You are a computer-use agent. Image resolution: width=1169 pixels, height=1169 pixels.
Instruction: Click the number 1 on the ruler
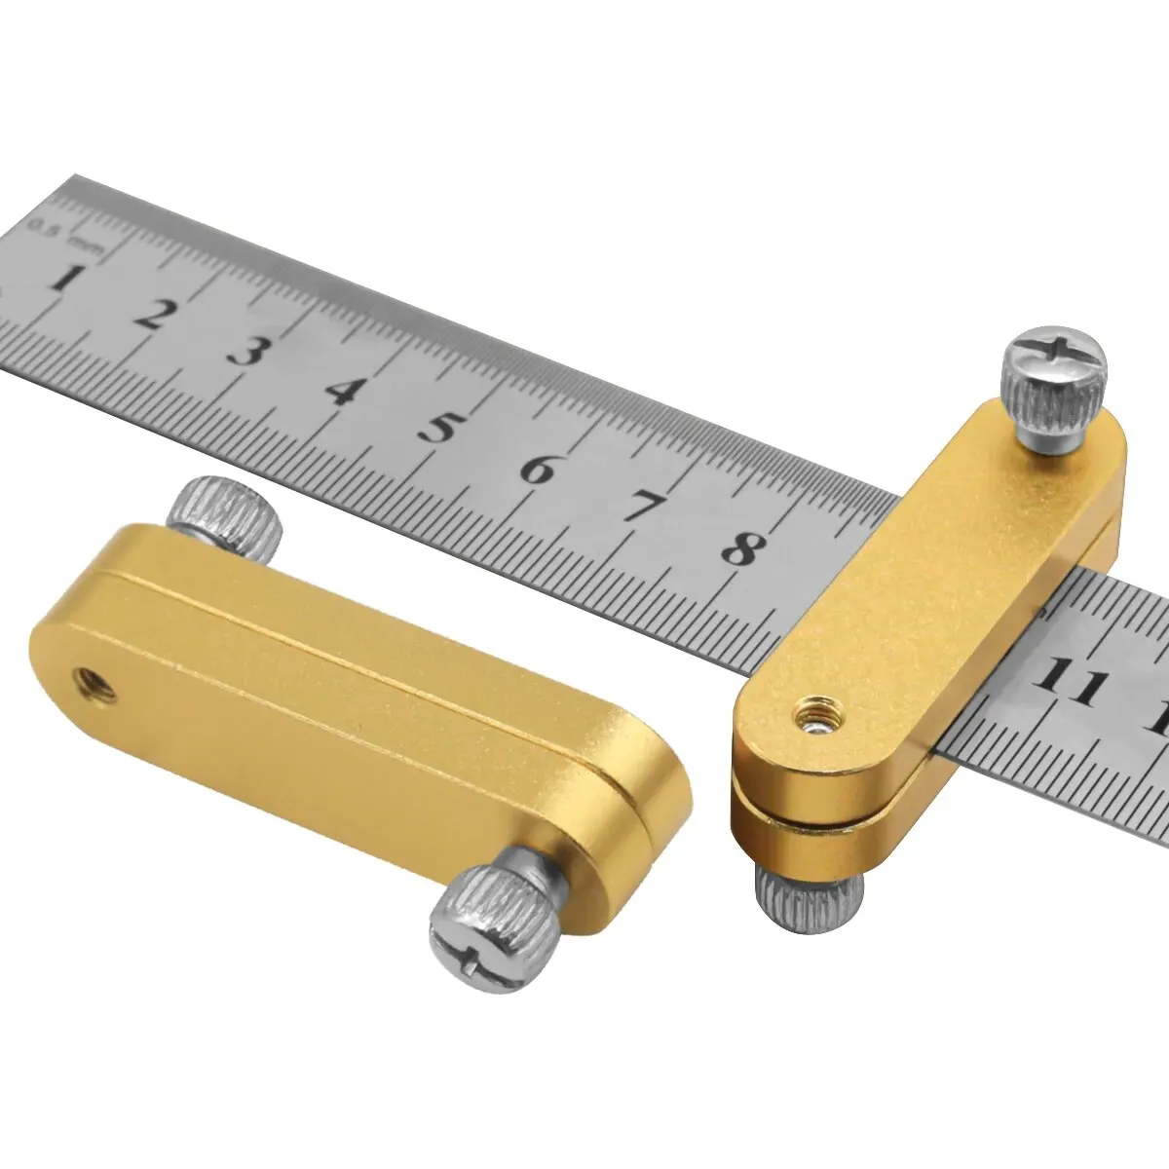point(61,280)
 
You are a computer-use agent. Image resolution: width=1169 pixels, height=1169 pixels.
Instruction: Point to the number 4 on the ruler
point(340,389)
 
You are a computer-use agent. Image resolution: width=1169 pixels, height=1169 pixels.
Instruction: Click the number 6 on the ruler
point(538,470)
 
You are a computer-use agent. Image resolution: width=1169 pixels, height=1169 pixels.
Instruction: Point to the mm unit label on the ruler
point(90,244)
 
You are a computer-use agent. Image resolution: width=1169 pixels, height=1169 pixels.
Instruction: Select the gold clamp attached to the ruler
point(925,623)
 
